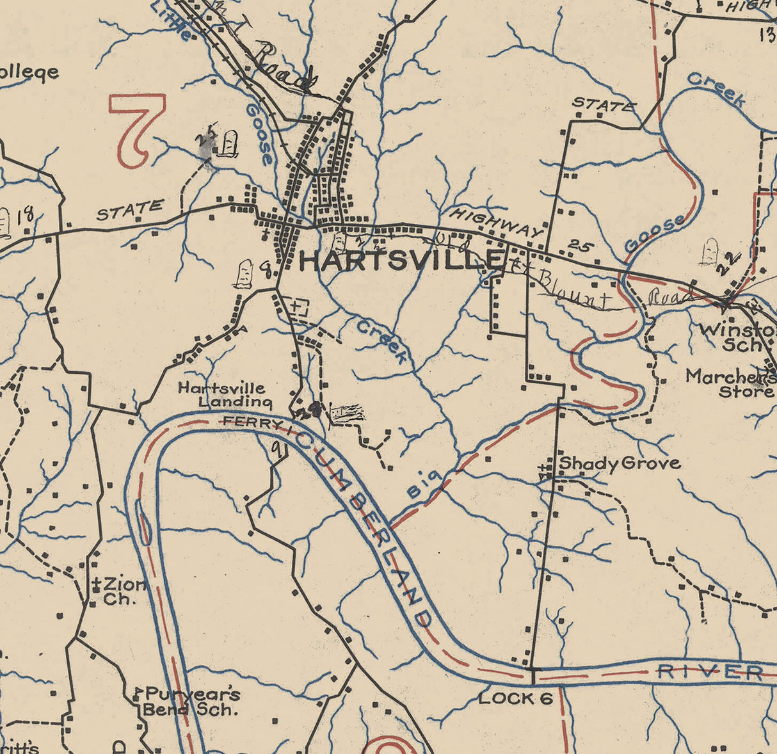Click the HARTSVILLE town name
[x=401, y=261]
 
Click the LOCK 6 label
[x=515, y=698]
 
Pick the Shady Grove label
[x=620, y=463]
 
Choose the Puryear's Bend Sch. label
[x=191, y=702]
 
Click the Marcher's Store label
[x=730, y=383]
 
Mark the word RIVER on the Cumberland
[x=710, y=671]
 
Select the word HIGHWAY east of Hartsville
[x=496, y=223]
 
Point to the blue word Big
[x=424, y=485]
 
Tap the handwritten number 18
[x=26, y=214]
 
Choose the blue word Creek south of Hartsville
[x=381, y=342]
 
